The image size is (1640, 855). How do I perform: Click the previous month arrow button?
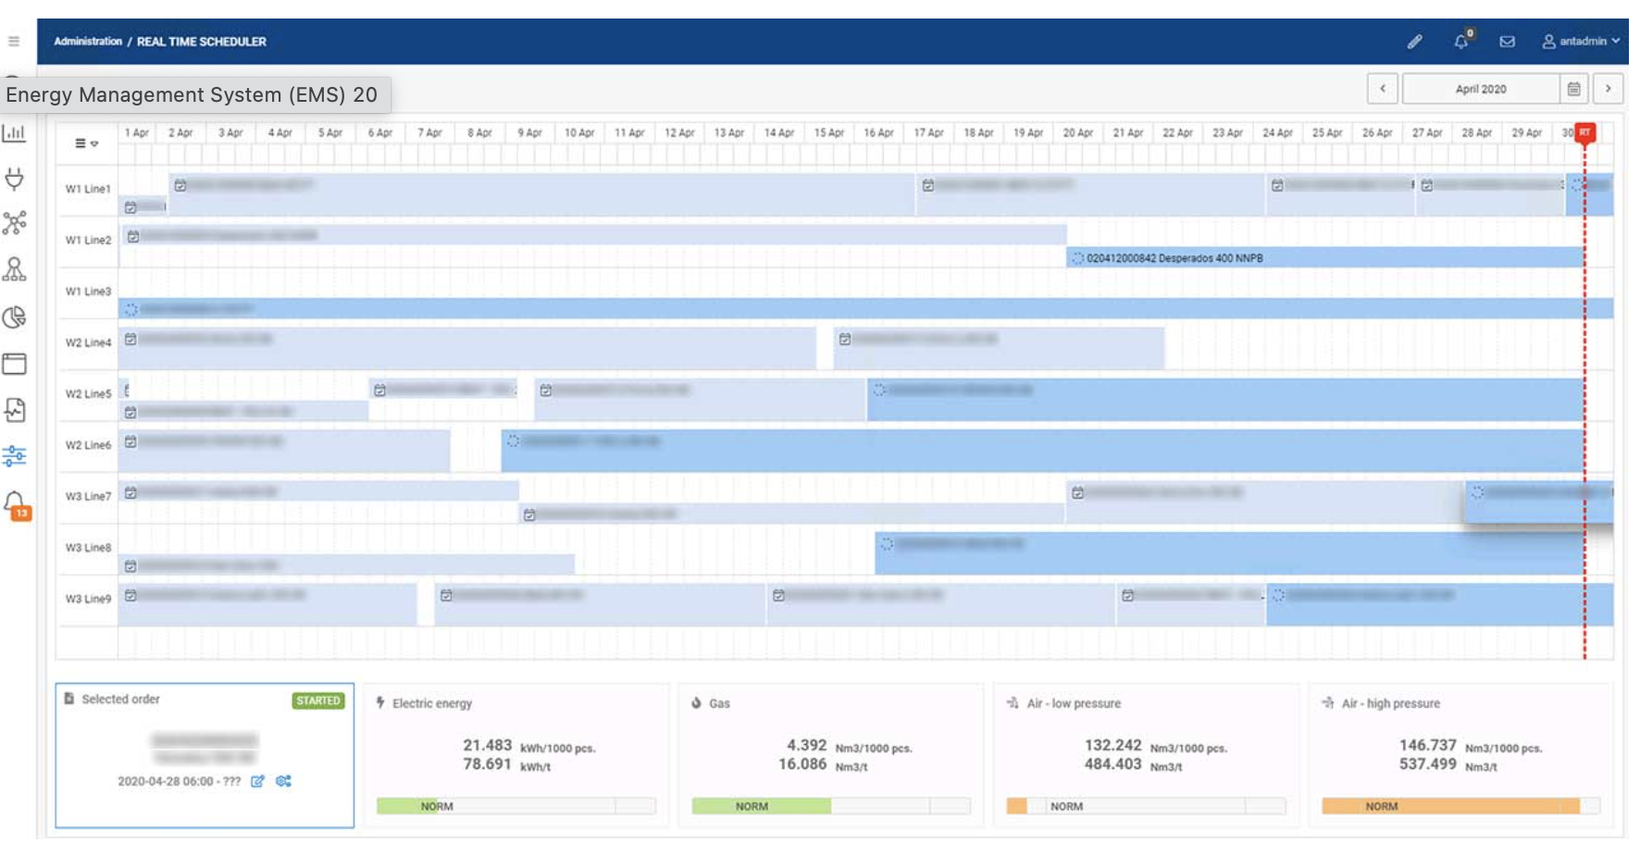1383,89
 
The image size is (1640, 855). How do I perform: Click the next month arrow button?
1609,89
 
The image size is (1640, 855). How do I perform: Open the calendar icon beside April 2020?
1573,89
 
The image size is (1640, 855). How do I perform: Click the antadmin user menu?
1581,42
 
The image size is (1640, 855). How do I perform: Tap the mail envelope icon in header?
1508,42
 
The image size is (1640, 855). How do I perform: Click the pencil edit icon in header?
1415,42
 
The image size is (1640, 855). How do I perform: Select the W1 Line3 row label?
88,291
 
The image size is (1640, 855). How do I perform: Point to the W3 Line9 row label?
88,599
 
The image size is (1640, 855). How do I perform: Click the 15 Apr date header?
828,133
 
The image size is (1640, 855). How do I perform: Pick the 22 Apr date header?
1177,133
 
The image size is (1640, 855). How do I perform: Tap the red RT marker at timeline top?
1584,133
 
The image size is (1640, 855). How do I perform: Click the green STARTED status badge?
318,700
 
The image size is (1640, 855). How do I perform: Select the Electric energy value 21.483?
487,745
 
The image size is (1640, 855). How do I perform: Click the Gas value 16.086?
801,764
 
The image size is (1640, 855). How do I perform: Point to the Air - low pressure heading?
1074,703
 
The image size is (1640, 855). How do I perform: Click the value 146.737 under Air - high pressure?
1427,745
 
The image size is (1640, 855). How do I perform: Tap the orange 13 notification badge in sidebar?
20,512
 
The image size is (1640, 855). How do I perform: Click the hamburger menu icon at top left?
14,42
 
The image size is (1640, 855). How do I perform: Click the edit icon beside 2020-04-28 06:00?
257,781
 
